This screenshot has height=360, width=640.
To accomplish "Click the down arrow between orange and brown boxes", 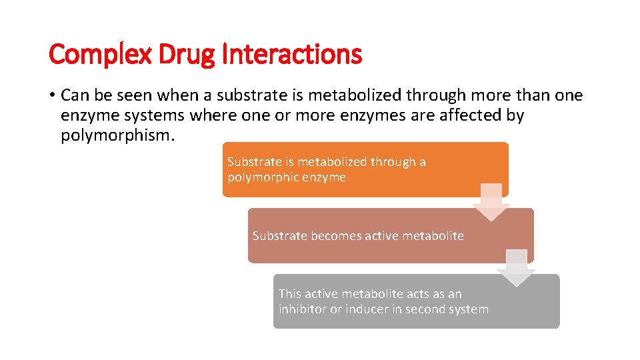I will (491, 202).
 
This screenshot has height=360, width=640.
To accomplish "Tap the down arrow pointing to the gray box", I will (517, 268).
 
